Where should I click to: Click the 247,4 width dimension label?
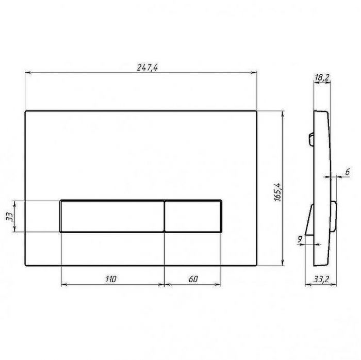147,68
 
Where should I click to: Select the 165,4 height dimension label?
277,192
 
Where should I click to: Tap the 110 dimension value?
111,279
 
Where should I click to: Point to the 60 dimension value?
193,279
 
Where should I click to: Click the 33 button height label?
9,217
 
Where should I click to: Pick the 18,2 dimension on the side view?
322,77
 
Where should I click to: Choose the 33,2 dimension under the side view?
321,279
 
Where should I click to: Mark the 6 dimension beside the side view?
348,171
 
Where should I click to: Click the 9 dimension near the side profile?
300,239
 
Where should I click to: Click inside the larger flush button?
112,216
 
